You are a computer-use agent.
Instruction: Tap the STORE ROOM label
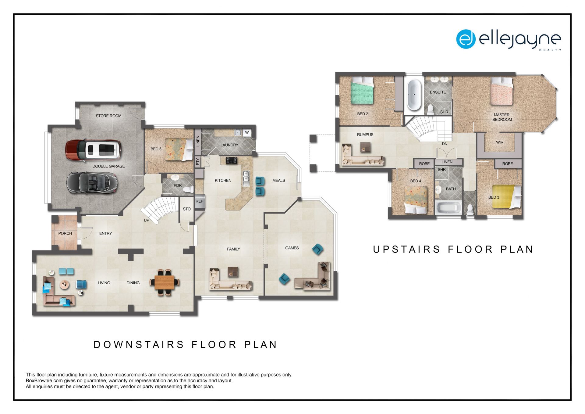click(x=108, y=116)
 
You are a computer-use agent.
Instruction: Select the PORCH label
click(x=65, y=233)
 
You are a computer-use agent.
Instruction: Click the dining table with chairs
click(x=165, y=283)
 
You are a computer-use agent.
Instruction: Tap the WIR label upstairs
click(x=500, y=142)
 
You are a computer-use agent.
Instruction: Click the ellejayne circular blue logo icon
click(x=466, y=39)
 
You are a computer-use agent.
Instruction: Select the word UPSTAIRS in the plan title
click(x=406, y=250)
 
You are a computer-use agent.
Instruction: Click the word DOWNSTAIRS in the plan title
click(x=139, y=345)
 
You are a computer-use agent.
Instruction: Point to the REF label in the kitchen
click(x=199, y=201)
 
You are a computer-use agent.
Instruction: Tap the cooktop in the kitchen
click(x=232, y=160)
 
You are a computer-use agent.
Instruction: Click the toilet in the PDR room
click(x=188, y=189)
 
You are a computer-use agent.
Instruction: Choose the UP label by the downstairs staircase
click(x=147, y=220)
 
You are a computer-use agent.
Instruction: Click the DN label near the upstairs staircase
click(x=445, y=144)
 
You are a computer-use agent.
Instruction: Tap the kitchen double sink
click(x=246, y=179)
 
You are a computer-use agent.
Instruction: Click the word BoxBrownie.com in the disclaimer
click(x=44, y=381)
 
